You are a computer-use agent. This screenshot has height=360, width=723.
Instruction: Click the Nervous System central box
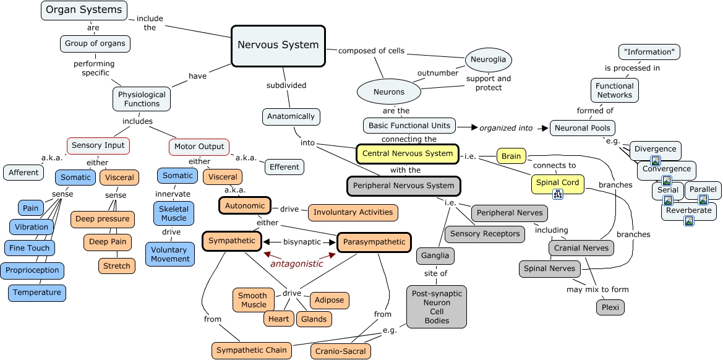[278, 45]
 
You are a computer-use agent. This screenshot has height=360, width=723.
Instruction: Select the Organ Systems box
[84, 10]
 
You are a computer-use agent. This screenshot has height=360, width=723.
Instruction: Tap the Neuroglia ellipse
[488, 60]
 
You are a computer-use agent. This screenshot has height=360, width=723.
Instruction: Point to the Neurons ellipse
[388, 92]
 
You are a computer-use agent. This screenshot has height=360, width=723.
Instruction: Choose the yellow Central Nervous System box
[407, 153]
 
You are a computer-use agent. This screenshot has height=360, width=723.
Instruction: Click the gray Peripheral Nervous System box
[403, 186]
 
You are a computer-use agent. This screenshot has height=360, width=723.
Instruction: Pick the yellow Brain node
[511, 156]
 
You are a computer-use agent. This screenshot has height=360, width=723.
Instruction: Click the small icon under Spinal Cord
[557, 194]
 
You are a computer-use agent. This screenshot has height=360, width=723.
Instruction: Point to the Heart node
[278, 319]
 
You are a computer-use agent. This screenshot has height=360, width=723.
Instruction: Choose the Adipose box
[329, 301]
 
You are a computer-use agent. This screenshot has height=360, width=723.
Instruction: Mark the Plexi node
[611, 307]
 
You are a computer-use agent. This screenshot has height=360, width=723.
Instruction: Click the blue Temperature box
[37, 293]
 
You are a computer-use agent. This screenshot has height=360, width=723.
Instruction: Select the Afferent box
[24, 173]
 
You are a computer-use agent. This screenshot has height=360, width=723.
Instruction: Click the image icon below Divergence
[655, 161]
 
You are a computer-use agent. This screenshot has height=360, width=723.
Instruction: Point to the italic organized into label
[506, 128]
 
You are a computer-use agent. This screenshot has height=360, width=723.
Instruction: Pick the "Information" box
[649, 52]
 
